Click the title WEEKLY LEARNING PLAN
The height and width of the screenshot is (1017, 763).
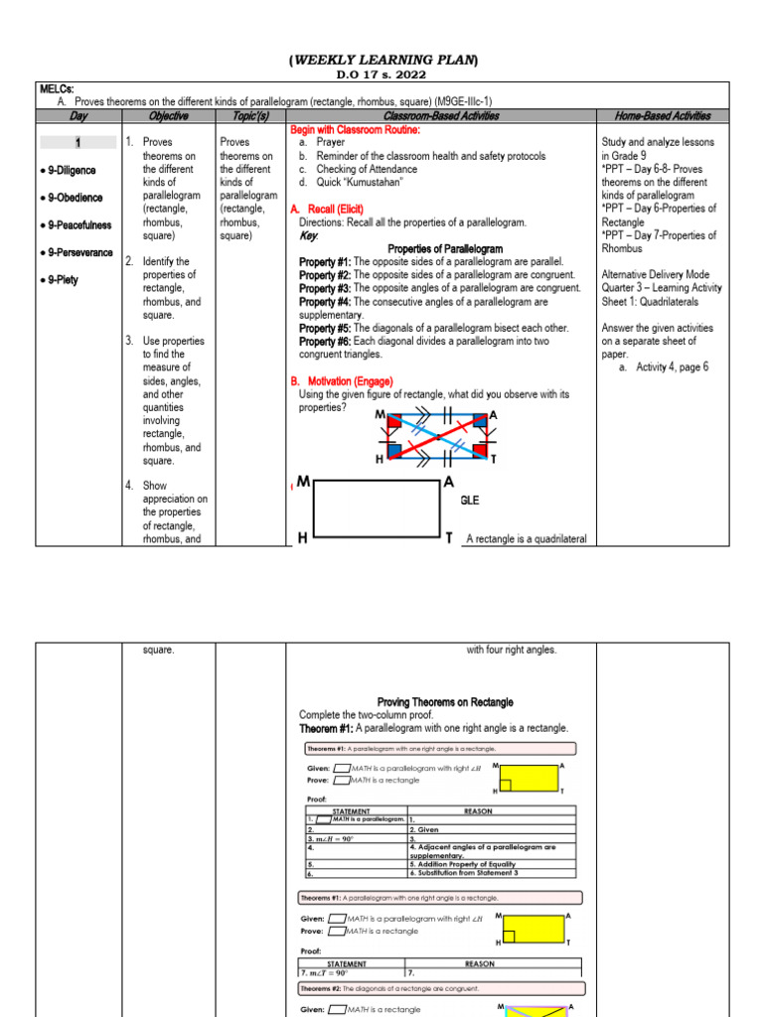(x=382, y=62)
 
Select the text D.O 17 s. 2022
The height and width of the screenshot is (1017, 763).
(x=381, y=76)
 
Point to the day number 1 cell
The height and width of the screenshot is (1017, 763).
(x=77, y=143)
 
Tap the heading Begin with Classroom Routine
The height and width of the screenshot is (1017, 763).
(x=355, y=130)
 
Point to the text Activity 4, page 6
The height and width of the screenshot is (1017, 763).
(x=663, y=366)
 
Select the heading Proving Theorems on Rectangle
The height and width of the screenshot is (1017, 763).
(x=445, y=702)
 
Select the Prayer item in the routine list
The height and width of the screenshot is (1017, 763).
(x=331, y=143)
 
